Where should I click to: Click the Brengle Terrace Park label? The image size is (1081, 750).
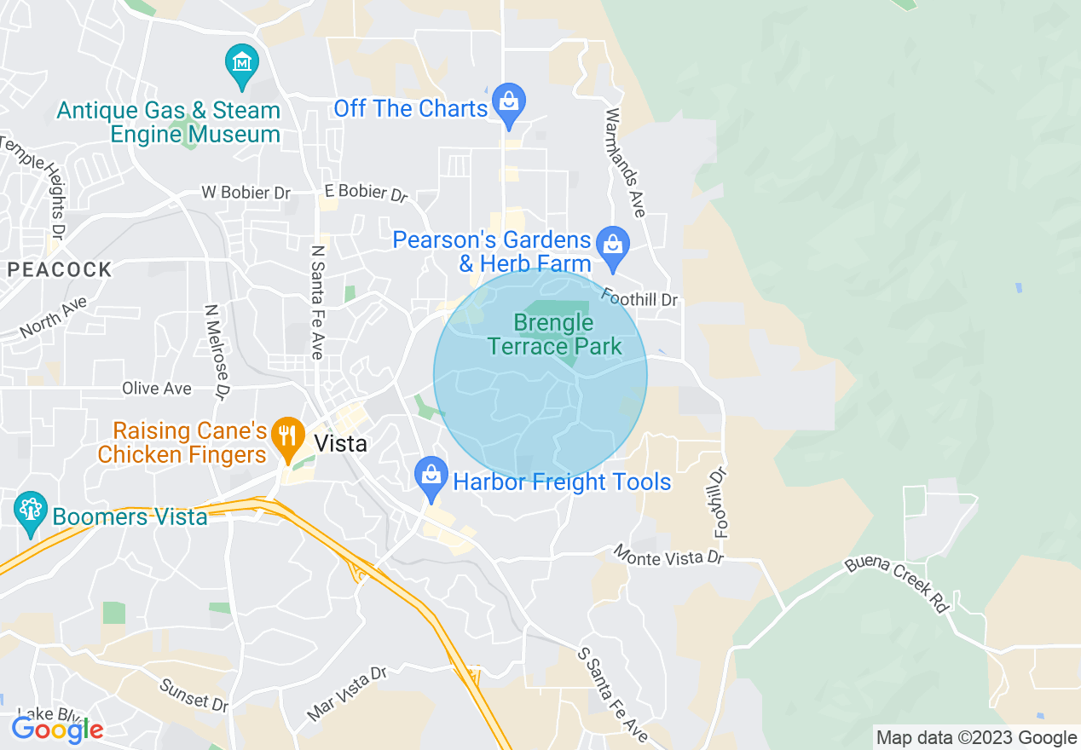554,334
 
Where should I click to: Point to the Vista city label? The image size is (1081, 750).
341,443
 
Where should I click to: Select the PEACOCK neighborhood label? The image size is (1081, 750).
60,270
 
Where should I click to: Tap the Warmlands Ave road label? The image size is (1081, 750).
626,162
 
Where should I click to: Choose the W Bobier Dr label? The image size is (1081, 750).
246,193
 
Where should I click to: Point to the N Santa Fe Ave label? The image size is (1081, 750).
318,303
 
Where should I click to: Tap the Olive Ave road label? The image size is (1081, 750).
157,389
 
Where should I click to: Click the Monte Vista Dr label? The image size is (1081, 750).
669,557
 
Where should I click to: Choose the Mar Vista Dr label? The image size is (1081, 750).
347,693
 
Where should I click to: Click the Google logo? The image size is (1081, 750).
57,730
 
